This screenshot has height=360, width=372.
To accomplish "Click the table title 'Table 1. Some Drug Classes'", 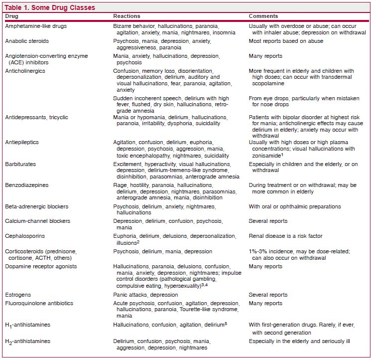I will (x=49, y=7).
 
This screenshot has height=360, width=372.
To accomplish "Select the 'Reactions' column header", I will (x=126, y=16).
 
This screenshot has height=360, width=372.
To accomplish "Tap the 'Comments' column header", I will (x=263, y=16).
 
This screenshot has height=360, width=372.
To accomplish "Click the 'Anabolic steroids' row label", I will (x=27, y=41).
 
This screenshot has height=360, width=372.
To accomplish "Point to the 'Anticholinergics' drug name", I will (x=25, y=71).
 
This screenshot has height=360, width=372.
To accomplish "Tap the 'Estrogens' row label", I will (x=18, y=295).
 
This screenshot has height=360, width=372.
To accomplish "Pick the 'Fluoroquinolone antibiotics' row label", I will (x=39, y=303).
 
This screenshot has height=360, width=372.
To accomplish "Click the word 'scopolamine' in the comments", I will (x=266, y=83).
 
